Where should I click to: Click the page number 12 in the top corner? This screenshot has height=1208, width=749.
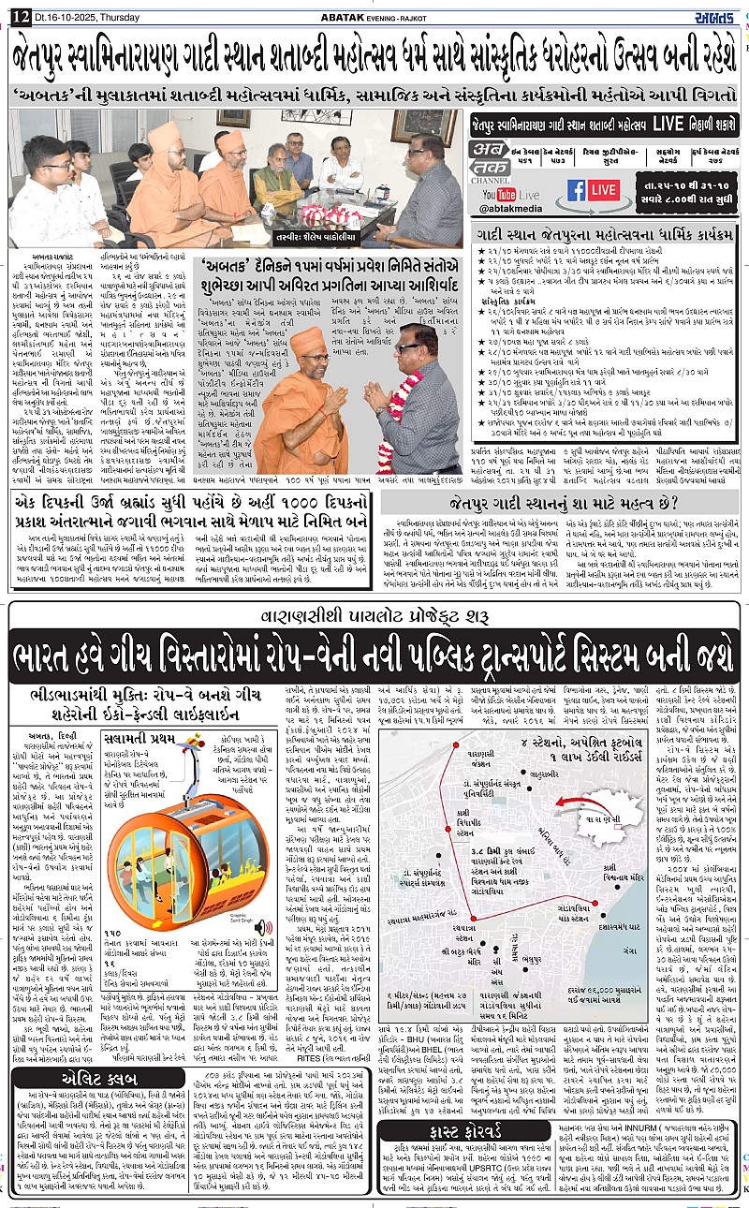coord(20,8)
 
